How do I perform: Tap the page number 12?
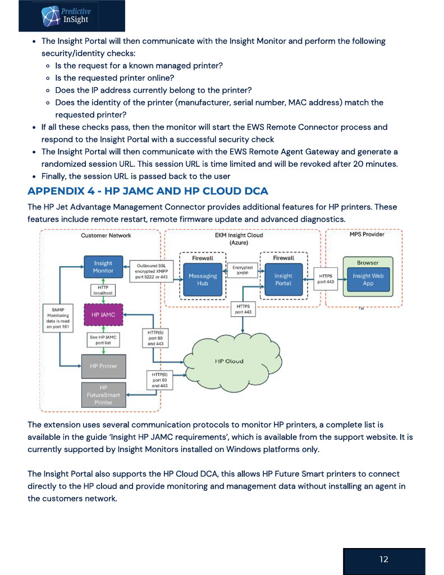pyautogui.click(x=383, y=559)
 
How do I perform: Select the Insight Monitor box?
pyautogui.click(x=103, y=267)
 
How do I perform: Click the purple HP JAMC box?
pyautogui.click(x=103, y=314)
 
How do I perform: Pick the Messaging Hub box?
pyautogui.click(x=203, y=280)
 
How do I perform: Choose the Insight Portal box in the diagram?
pyautogui.click(x=283, y=280)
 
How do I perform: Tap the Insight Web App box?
pyautogui.click(x=368, y=280)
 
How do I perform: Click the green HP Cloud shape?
pyautogui.click(x=232, y=361)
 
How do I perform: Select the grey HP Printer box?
pyautogui.click(x=103, y=366)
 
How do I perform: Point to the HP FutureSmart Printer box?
pyautogui.click(x=103, y=395)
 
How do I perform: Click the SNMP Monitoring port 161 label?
pyautogui.click(x=58, y=318)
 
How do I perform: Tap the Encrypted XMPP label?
pyautogui.click(x=242, y=270)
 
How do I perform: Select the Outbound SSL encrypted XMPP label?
pyautogui.click(x=151, y=271)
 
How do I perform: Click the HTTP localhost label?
pyautogui.click(x=103, y=290)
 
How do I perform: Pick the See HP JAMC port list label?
pyautogui.click(x=103, y=340)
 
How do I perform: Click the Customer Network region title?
pyautogui.click(x=106, y=235)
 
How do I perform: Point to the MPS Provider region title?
pyautogui.click(x=367, y=234)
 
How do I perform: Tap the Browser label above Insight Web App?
pyautogui.click(x=368, y=263)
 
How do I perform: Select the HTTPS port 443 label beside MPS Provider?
pyautogui.click(x=326, y=279)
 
